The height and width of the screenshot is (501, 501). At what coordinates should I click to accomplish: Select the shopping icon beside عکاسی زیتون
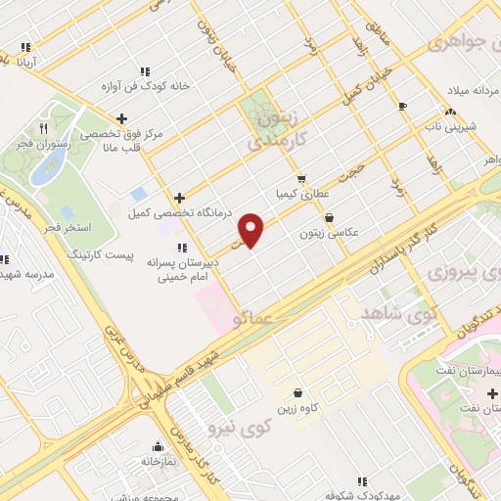click(x=328, y=217)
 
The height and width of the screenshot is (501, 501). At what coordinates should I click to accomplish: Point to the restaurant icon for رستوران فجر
click(x=43, y=128)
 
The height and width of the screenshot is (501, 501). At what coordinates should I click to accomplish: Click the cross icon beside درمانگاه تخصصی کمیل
click(x=178, y=198)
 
